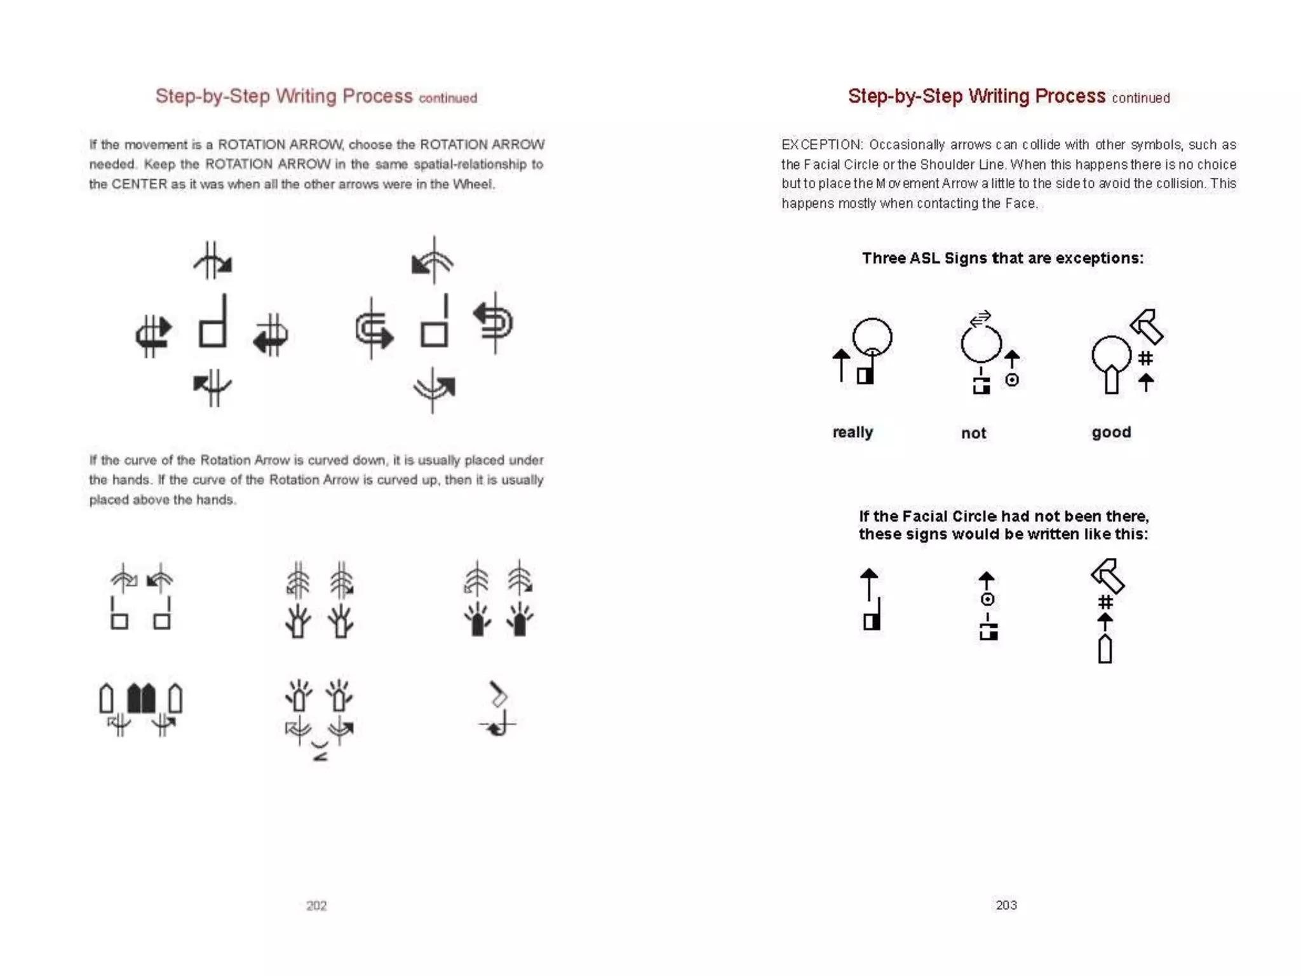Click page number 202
(316, 905)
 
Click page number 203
(1006, 905)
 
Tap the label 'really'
(853, 432)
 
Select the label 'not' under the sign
(973, 433)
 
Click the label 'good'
(1111, 432)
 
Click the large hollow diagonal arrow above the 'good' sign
(1147, 327)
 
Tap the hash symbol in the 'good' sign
(1145, 358)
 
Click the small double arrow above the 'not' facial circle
(981, 317)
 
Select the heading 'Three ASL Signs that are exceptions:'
(1002, 258)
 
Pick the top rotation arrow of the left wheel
(213, 261)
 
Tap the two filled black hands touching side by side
(141, 698)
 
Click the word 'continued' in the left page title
(448, 98)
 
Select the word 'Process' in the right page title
(1070, 96)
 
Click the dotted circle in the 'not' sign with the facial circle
(1012, 380)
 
